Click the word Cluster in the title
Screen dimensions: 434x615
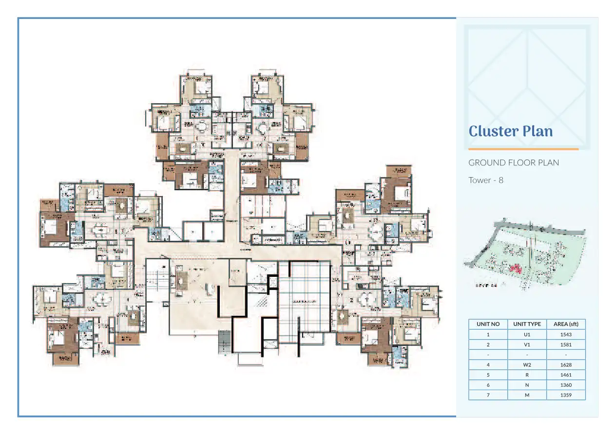click(493, 131)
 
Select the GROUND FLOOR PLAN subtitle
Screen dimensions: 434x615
click(514, 163)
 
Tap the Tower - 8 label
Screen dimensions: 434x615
click(485, 180)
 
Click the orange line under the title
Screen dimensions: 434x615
click(523, 149)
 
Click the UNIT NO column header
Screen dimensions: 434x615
click(488, 324)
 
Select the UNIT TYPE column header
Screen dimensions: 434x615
click(527, 324)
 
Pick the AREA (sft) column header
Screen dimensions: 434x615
click(566, 324)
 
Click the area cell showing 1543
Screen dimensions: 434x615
click(566, 334)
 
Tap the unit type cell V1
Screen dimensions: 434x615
click(527, 344)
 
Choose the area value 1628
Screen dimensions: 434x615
click(566, 364)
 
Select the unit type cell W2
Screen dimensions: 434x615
click(527, 364)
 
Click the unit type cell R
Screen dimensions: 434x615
click(527, 375)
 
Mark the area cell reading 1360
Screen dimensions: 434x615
click(566, 385)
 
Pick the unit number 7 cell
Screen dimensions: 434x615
click(488, 395)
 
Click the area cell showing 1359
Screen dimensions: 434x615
click(566, 395)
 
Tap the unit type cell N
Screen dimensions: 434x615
click(527, 385)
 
